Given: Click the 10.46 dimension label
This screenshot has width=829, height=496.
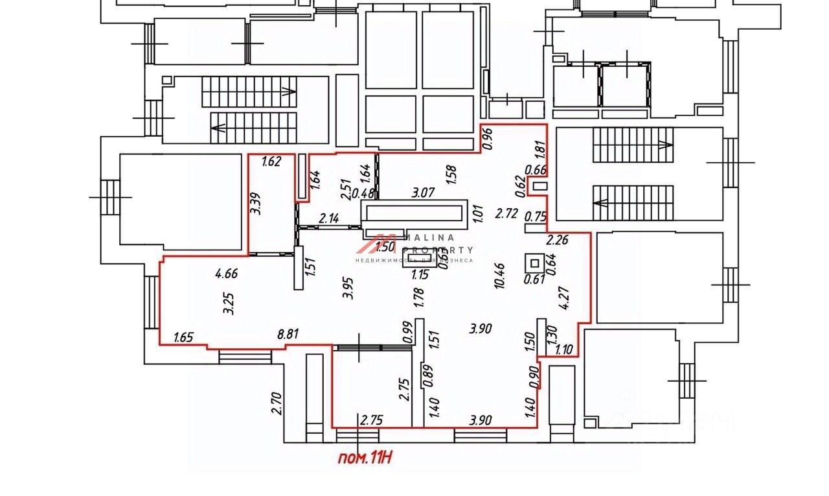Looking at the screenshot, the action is [x=499, y=276].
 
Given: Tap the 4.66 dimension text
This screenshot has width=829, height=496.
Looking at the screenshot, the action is [x=227, y=274].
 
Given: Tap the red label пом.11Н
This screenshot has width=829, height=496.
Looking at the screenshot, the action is [x=366, y=458].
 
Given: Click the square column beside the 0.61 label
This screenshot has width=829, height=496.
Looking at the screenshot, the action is [x=535, y=264].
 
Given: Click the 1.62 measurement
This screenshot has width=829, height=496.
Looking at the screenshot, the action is [x=272, y=162].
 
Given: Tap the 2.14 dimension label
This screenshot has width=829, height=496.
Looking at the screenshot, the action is [x=330, y=220].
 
